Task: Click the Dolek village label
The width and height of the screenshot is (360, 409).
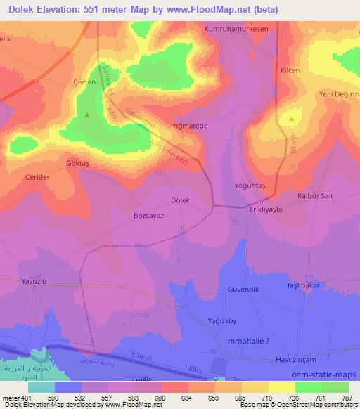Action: click(x=181, y=200)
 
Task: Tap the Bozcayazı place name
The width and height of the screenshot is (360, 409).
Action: click(x=149, y=217)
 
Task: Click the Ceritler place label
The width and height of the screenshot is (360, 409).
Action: click(x=37, y=178)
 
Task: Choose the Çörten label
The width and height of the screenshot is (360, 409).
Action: click(x=84, y=82)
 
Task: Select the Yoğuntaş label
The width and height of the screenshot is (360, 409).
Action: click(x=248, y=186)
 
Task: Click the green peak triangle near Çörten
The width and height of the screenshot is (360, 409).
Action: click(x=87, y=115)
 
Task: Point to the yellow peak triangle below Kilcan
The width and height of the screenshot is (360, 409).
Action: click(x=290, y=120)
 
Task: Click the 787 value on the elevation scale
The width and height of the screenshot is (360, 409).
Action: click(x=347, y=399)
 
